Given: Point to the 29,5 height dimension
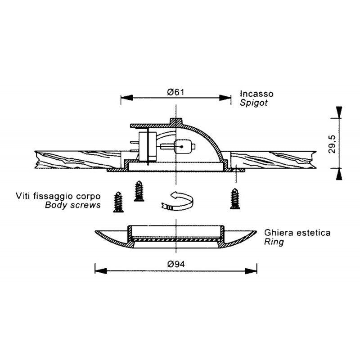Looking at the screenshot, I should (332, 143).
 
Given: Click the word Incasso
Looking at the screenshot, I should (256, 94).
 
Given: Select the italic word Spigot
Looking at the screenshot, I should (254, 103).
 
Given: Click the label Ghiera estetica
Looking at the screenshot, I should (297, 233).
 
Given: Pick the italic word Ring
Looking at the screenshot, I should (274, 242).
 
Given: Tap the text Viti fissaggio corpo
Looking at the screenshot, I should (58, 197).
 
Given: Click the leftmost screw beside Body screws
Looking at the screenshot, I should (119, 201).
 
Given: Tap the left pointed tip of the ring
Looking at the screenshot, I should (96, 232).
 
